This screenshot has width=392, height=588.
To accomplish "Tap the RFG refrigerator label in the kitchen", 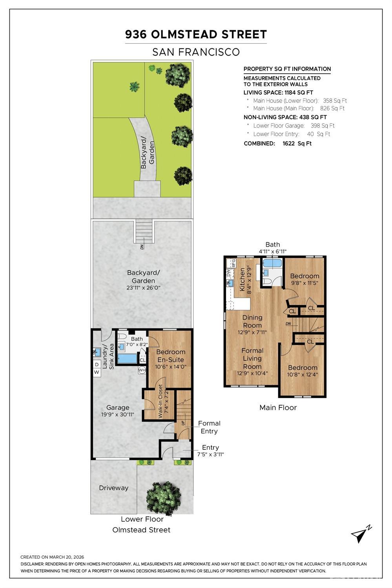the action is coord(233,263).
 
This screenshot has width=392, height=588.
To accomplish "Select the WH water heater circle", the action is coord(142,370).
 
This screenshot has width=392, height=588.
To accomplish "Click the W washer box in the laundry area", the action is coord(97,372).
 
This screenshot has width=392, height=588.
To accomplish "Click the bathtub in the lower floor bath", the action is coord(127,359).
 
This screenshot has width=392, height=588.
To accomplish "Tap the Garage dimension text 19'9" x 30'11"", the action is coord(118,415).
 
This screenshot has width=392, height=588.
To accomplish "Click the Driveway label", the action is coord(114,488).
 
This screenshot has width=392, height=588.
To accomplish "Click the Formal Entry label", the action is coord(209,427).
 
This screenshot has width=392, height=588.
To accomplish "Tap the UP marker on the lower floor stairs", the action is coord(183,423).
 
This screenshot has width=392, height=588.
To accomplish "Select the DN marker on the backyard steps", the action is coord(142,247).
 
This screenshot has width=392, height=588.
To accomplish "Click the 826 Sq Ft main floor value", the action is coord(332,108).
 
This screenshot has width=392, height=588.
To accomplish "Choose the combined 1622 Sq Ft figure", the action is coord(297,143).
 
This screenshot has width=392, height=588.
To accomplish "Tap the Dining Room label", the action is coord(252,321).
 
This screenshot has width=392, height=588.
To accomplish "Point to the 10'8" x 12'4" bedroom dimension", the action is coord(303,374).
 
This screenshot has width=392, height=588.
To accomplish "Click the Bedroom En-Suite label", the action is coord(171,356).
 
